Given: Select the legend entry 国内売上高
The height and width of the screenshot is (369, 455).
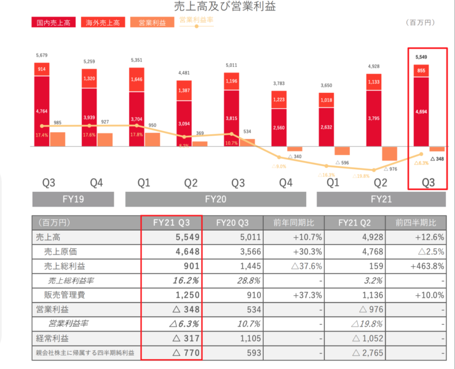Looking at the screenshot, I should click(x=51, y=23).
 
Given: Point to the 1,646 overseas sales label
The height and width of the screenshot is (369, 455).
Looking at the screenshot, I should click(x=136, y=79).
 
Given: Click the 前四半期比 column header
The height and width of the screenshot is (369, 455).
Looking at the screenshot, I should click(x=416, y=223).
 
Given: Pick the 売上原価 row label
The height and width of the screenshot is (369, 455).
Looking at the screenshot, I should click(x=63, y=251).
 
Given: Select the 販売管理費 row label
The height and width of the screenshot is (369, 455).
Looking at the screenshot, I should click(x=67, y=295).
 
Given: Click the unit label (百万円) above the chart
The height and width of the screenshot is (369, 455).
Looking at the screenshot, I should click(x=421, y=23).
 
